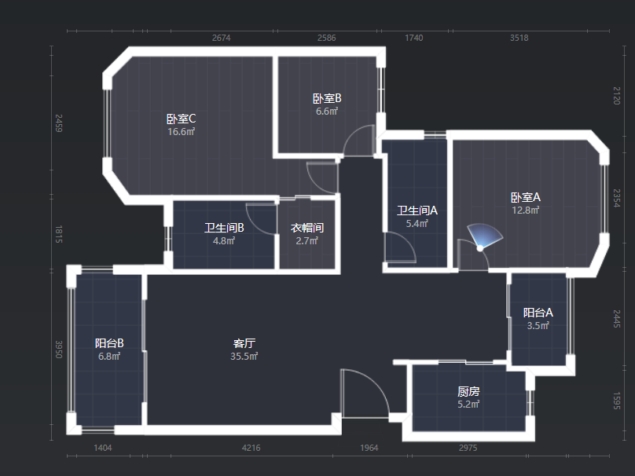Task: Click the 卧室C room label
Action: click(x=181, y=119)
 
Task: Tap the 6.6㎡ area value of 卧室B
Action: click(x=327, y=112)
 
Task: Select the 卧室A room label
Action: click(x=525, y=197)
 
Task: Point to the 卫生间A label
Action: click(x=417, y=211)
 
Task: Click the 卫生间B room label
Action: click(x=224, y=228)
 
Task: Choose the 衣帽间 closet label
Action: click(x=307, y=228)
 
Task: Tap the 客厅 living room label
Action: click(x=244, y=343)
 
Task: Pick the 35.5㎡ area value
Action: click(x=244, y=356)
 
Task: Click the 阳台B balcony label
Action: click(x=109, y=343)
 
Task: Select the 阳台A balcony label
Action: click(x=538, y=313)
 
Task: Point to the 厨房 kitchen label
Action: click(x=468, y=391)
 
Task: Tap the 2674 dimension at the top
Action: click(x=221, y=38)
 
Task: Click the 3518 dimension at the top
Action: click(x=519, y=38)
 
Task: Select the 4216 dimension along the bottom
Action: click(x=251, y=448)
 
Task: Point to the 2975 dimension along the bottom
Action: click(x=468, y=448)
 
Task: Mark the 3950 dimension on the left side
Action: click(x=58, y=350)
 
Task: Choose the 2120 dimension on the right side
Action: click(x=617, y=95)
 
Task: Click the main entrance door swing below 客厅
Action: click(x=363, y=393)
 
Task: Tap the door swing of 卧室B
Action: click(x=362, y=141)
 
